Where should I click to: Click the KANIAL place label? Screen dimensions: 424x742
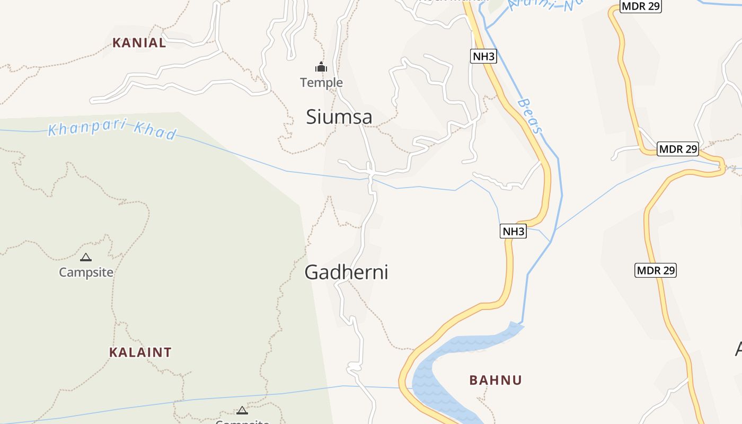[x=139, y=43]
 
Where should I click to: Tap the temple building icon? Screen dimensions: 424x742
[x=321, y=67]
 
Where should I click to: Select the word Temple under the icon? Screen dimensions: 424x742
[x=321, y=83]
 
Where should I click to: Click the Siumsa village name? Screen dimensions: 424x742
[x=339, y=117]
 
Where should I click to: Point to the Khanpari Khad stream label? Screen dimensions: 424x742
[x=112, y=129]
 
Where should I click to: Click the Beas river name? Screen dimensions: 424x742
[x=530, y=116]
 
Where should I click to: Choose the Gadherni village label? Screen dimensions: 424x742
[x=346, y=272]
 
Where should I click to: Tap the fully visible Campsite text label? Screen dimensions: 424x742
[x=86, y=272]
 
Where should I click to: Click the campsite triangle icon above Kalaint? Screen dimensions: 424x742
[x=86, y=258]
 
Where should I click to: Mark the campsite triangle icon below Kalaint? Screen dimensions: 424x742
[x=242, y=410]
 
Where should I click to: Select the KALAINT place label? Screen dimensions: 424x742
[x=140, y=352]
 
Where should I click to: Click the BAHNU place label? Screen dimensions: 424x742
[x=496, y=380]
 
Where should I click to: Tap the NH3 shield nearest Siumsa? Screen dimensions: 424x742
[x=483, y=56]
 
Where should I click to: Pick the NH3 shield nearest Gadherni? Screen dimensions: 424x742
[x=513, y=231]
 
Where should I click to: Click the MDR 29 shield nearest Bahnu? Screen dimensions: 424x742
[x=656, y=270]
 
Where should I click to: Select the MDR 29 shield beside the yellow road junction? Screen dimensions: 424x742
[x=678, y=149]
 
